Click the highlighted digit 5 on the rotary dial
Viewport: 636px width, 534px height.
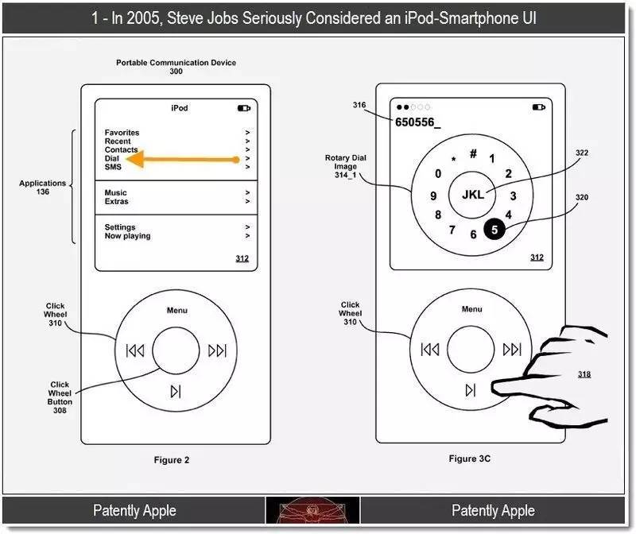click(x=494, y=230)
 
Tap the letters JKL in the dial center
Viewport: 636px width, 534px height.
click(x=473, y=195)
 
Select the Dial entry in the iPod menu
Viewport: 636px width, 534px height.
click(x=112, y=158)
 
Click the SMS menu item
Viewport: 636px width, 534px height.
click(x=113, y=167)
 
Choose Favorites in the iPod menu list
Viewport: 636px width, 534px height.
click(x=122, y=133)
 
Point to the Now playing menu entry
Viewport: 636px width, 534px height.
click(x=127, y=236)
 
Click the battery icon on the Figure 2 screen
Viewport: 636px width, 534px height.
click(x=244, y=108)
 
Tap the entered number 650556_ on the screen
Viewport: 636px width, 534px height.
click(x=418, y=122)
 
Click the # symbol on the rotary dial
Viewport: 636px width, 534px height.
click(x=473, y=153)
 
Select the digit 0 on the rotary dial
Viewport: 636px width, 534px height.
click(x=438, y=173)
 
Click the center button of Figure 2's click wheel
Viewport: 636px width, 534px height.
click(x=176, y=350)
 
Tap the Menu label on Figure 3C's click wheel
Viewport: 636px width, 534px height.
click(x=471, y=309)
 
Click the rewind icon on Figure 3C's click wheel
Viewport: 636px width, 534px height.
click(x=430, y=349)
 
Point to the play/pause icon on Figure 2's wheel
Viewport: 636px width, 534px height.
click(x=176, y=391)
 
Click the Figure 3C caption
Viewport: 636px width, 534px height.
click(x=469, y=459)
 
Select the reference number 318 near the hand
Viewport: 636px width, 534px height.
click(x=584, y=374)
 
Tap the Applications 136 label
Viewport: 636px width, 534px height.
click(x=43, y=188)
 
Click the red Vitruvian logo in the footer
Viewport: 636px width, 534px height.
click(x=312, y=510)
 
